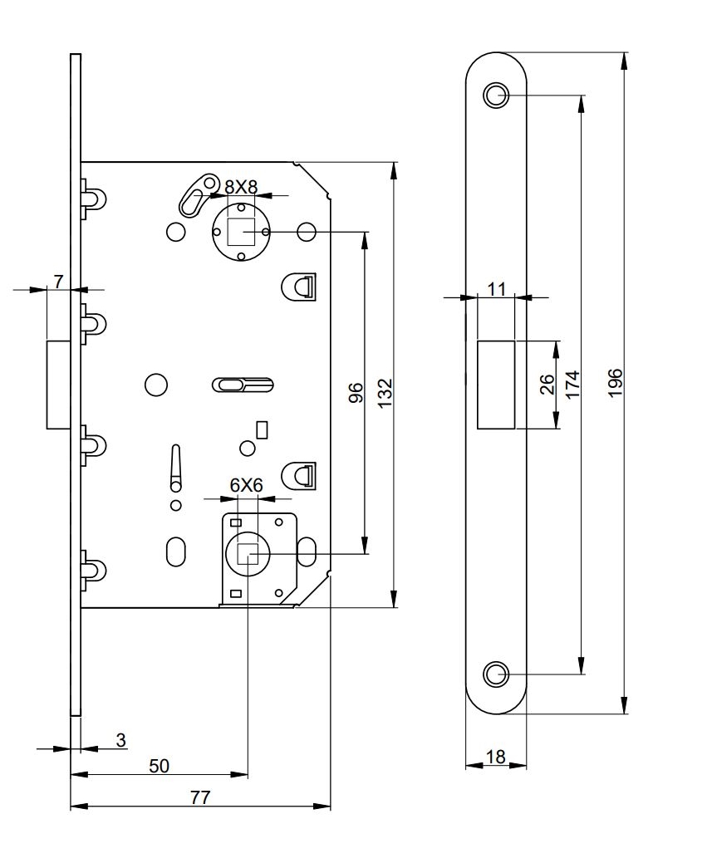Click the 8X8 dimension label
coord(241,187)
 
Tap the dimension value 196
coord(615,383)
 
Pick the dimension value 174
coord(572,385)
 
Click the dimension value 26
coord(546,385)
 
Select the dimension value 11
coord(497,288)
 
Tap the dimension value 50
coord(159,766)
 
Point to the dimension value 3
coord(120,739)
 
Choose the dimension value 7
coord(58,281)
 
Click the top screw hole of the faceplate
coord(496,95)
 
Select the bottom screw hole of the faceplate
coord(496,674)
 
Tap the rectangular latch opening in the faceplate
coord(497,385)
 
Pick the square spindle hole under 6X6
coord(248,552)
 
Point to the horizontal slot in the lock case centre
coord(243,384)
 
